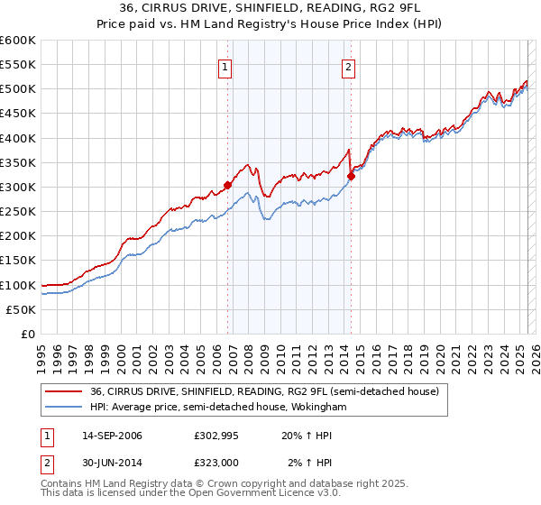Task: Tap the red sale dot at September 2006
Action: pos(227,186)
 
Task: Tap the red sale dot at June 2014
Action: pos(351,176)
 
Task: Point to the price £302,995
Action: pos(215,436)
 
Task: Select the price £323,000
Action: pos(215,462)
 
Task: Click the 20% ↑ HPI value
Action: pos(305,436)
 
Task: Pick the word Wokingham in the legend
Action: pos(316,408)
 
